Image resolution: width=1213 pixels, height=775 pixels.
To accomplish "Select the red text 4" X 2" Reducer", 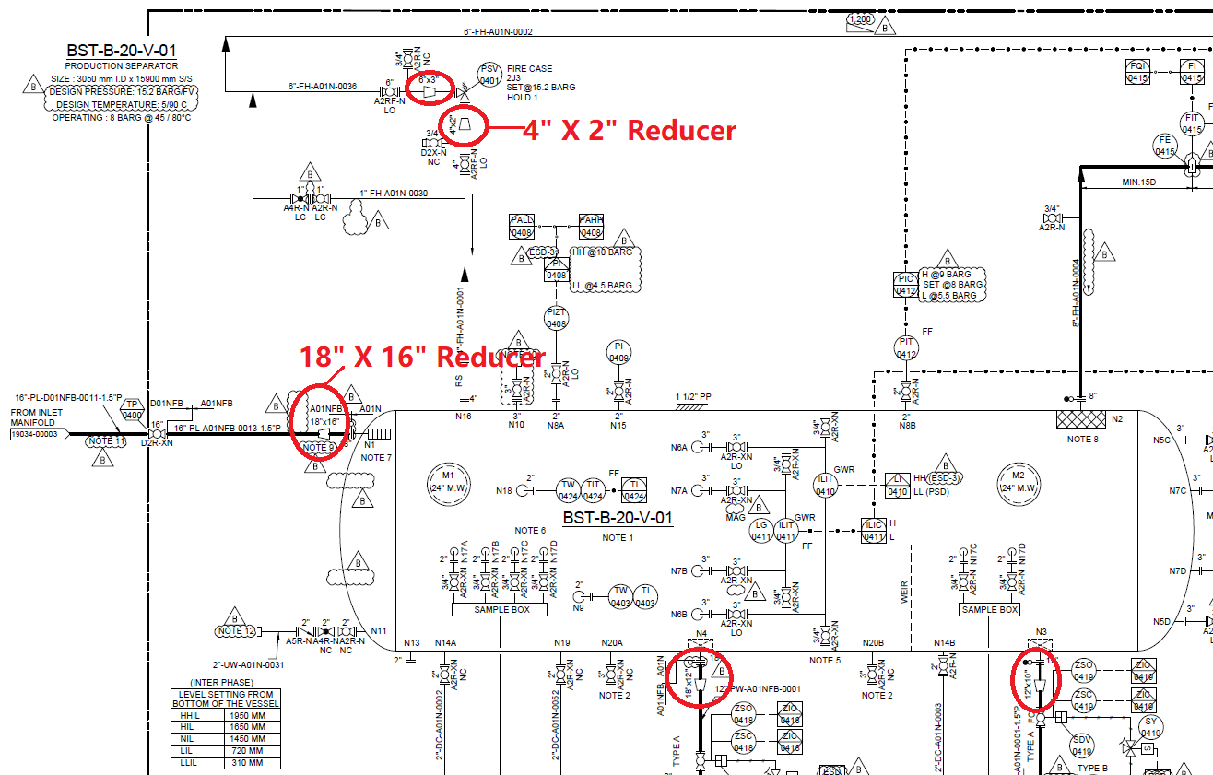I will pyautogui.click(x=630, y=131).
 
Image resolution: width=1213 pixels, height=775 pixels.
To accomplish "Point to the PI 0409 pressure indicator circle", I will pyautogui.click(x=618, y=352).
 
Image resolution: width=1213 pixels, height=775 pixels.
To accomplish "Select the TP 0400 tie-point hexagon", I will pyautogui.click(x=133, y=409).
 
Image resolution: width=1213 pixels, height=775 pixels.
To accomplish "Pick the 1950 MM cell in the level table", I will pyautogui.click(x=244, y=715).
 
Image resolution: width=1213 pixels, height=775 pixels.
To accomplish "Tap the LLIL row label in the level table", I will pyautogui.click(x=190, y=763).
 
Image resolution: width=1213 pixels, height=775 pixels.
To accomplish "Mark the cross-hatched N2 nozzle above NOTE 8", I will pyautogui.click(x=1079, y=419).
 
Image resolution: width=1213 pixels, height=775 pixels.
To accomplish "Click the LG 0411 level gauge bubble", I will pyautogui.click(x=760, y=531).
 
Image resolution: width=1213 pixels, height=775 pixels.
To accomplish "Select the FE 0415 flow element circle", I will pyautogui.click(x=1165, y=145).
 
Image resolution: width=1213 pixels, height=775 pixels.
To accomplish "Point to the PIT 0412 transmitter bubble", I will pyautogui.click(x=907, y=348).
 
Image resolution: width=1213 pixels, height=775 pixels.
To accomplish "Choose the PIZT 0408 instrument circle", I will pyautogui.click(x=556, y=318).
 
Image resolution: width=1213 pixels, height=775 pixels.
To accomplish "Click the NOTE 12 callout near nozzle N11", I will pyautogui.click(x=235, y=631).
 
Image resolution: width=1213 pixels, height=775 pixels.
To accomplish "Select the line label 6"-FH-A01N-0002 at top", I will pyautogui.click(x=498, y=31).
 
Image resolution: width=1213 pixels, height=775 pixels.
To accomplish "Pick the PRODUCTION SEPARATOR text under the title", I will pyautogui.click(x=121, y=66).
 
